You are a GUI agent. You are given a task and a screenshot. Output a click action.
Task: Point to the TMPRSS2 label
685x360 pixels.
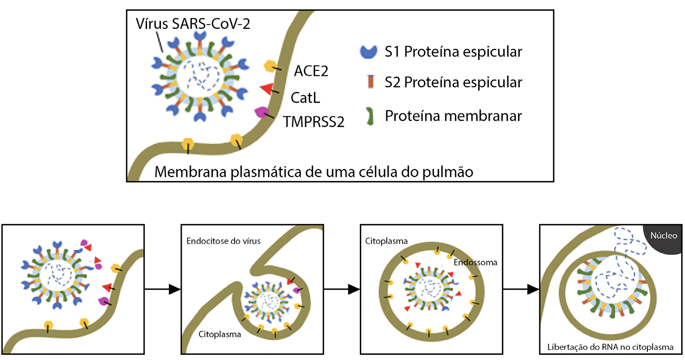click(x=314, y=122)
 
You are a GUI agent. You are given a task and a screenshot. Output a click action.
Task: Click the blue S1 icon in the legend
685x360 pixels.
click(x=370, y=51)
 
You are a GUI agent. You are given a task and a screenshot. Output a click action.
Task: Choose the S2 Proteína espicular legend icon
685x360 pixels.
click(x=370, y=82)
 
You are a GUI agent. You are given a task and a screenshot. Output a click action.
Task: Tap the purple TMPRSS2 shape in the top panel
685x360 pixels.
click(x=261, y=112)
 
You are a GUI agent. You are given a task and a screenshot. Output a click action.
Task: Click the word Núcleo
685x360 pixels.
click(x=664, y=236)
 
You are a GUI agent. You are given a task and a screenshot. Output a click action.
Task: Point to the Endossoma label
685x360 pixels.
click(x=476, y=262)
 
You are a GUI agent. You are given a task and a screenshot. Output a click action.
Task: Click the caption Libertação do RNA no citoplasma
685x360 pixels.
click(x=610, y=347)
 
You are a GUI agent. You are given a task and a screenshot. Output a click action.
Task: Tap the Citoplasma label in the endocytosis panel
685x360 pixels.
click(x=220, y=334)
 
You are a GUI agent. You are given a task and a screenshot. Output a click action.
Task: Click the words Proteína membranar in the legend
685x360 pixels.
click(x=453, y=116)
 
